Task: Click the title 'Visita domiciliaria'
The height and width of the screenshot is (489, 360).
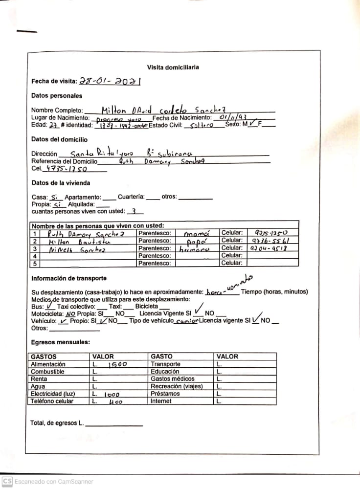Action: tap(173, 67)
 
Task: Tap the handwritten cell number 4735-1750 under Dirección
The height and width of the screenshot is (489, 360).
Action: tap(66, 169)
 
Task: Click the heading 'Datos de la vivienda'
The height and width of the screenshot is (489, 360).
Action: tap(61, 183)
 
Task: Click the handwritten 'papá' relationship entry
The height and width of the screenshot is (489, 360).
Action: tap(198, 242)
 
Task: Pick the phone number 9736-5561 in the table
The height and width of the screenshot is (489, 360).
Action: tap(268, 241)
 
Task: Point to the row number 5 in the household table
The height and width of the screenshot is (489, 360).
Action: tap(35, 264)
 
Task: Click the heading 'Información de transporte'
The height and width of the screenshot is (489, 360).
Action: tap(69, 278)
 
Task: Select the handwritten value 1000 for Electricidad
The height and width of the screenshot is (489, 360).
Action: tap(112, 394)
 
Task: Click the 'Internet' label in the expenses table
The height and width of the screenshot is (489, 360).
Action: tap(161, 401)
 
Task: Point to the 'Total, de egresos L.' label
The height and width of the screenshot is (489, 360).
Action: tap(57, 422)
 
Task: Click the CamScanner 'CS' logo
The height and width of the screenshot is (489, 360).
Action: tap(7, 481)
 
